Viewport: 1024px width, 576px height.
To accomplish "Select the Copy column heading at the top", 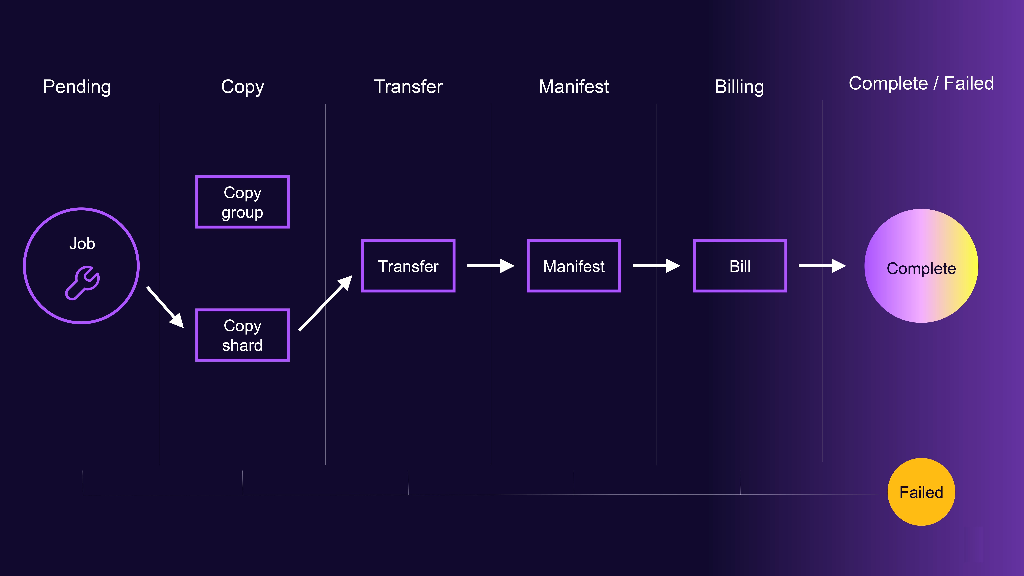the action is tap(242, 87).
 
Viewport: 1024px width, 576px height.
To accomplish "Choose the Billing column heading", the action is tap(739, 87).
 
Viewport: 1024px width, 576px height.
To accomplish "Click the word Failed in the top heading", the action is tap(969, 84).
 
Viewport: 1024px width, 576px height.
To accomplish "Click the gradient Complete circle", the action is tap(921, 266).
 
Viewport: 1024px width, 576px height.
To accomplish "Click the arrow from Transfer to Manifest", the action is tap(491, 266).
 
